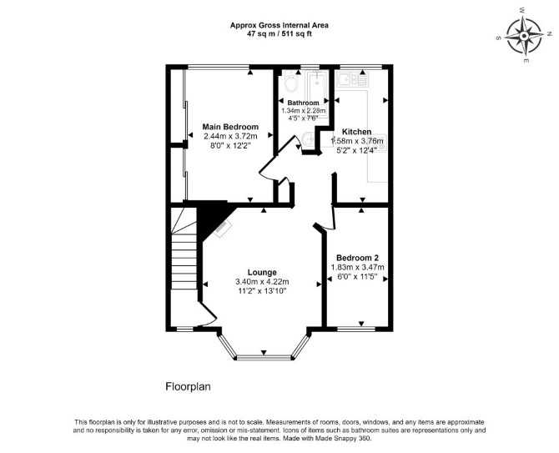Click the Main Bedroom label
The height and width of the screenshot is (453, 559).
(230, 127)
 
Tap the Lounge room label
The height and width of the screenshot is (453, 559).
(262, 273)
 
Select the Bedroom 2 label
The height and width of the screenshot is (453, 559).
(357, 258)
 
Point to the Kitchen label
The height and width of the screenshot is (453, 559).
(356, 132)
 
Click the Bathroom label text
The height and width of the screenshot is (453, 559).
(304, 103)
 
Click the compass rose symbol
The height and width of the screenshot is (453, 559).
(524, 36)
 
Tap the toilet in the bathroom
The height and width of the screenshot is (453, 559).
(292, 83)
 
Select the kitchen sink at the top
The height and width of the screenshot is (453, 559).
(353, 78)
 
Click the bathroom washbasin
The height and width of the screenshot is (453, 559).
(308, 138)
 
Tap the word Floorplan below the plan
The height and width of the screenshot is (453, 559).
(188, 387)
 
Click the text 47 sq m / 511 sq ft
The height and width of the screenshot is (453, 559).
(279, 34)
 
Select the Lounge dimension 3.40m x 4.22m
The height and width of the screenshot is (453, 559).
(262, 282)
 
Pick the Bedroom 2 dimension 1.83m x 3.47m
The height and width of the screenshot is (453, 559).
(358, 267)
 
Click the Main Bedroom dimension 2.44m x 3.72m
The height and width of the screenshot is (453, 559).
(230, 136)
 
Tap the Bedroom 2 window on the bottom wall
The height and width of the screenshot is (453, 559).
(356, 329)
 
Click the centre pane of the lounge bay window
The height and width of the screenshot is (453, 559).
(264, 357)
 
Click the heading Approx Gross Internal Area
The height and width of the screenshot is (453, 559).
(279, 25)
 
